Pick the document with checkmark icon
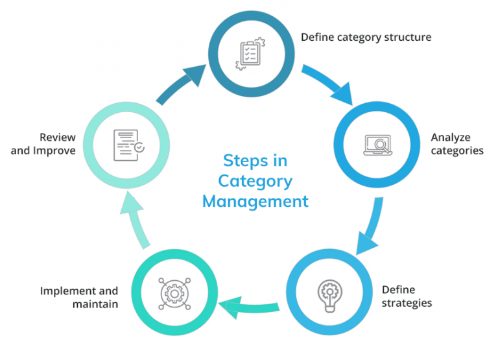129,143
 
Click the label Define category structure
366,37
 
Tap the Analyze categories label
456,144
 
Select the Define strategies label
406,296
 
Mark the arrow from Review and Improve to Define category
182,82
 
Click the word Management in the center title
255,201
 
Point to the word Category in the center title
255,180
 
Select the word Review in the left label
58,138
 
